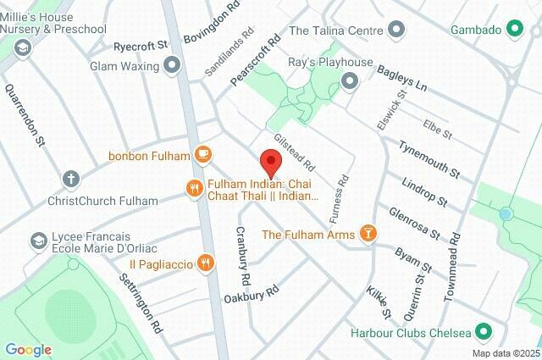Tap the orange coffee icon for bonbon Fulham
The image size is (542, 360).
point(202,154)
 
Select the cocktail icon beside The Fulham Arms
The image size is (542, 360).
point(368,233)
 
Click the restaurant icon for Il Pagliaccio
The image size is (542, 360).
point(205,263)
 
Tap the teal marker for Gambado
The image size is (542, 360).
point(514,30)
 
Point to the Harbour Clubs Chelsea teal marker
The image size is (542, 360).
point(484,330)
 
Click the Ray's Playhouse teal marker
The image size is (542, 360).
point(348,81)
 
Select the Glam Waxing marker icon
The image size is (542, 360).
point(174,64)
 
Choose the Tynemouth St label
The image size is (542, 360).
point(429,159)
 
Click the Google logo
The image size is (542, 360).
point(28,350)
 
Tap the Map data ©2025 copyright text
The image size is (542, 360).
point(506,353)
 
